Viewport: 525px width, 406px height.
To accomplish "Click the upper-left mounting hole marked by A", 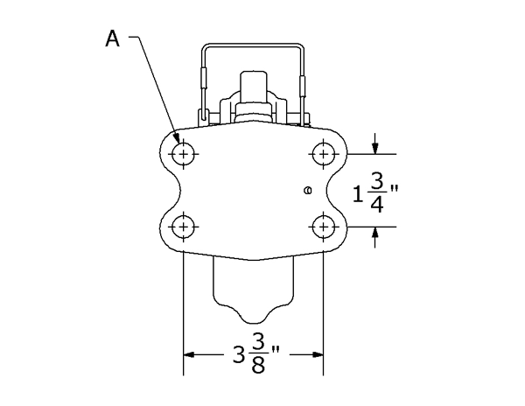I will click(x=182, y=154).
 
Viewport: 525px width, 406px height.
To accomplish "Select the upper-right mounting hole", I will click(x=324, y=154).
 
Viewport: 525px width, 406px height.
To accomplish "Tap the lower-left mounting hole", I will click(x=182, y=227).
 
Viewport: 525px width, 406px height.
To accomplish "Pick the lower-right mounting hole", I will click(x=324, y=227).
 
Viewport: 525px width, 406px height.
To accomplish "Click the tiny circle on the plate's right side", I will click(x=306, y=190).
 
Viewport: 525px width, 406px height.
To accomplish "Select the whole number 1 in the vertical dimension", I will click(x=358, y=192).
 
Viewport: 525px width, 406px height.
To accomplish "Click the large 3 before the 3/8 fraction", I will click(x=239, y=355).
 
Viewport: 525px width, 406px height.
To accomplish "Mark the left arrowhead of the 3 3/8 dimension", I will click(x=188, y=355).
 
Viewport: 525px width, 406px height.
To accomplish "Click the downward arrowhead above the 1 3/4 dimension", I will click(x=375, y=147).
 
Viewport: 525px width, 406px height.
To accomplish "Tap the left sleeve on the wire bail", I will click(x=201, y=79).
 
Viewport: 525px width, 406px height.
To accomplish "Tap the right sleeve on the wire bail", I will click(x=305, y=85).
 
